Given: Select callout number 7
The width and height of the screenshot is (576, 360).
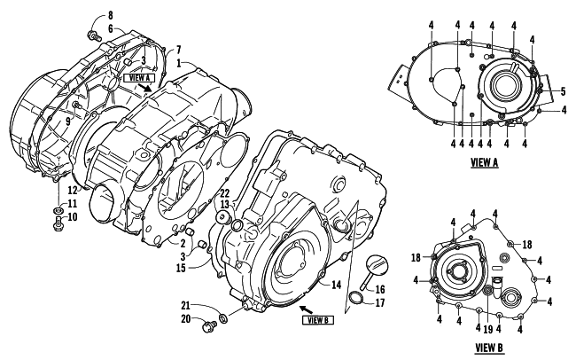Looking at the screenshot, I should pos(179,48).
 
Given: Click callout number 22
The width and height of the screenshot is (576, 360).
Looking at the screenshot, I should pos(226,194).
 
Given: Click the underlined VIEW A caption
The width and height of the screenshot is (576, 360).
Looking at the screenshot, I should pos(509,162).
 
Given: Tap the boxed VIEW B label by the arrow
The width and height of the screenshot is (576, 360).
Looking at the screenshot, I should pos(317,320).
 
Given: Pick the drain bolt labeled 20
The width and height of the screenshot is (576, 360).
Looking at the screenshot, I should pos(209,329).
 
